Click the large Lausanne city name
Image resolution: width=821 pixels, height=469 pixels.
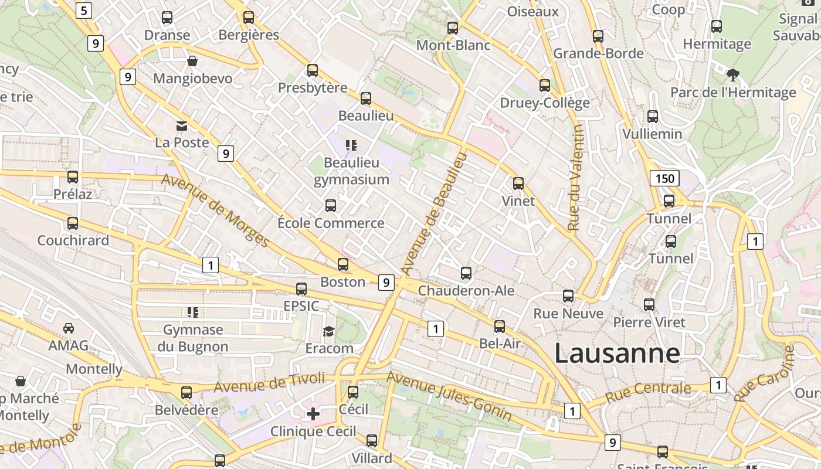(617, 354)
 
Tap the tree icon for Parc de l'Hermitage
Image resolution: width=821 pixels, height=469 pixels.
(732, 74)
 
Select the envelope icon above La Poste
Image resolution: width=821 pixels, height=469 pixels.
(182, 125)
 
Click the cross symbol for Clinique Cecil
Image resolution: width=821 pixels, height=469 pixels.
(313, 414)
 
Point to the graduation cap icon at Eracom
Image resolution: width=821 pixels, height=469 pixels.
(328, 331)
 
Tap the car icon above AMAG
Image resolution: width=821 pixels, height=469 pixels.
(69, 328)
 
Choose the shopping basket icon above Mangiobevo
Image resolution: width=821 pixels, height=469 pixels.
(192, 61)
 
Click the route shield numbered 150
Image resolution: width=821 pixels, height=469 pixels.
(664, 178)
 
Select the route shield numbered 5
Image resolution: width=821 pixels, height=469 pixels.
(84, 10)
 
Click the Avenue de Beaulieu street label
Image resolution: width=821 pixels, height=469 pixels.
(435, 213)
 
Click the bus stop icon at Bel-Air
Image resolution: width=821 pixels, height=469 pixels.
(500, 327)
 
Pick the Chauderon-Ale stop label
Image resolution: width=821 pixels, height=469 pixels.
(466, 291)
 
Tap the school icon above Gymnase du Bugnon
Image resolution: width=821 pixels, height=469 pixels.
(192, 312)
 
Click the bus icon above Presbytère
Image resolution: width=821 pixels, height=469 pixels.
(313, 70)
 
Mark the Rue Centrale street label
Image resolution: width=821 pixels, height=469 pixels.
(648, 392)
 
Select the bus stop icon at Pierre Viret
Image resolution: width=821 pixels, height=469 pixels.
(649, 305)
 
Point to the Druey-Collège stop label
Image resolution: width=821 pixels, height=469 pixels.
(545, 103)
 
